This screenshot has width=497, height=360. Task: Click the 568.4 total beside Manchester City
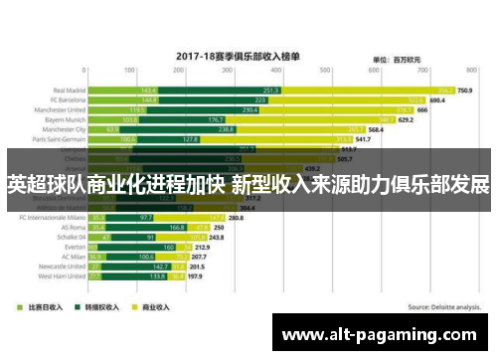(376, 130)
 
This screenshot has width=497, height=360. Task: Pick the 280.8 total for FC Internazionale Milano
(236, 217)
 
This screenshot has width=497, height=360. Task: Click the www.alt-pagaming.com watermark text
(384, 333)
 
